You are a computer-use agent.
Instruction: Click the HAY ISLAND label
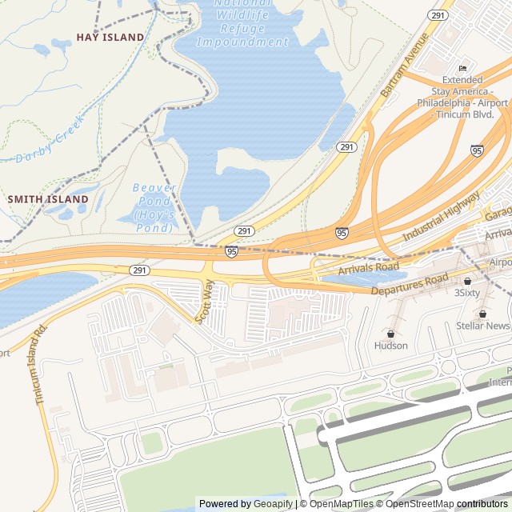click(x=110, y=38)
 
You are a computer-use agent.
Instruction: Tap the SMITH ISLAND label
click(x=48, y=198)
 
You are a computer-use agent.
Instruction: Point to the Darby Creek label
click(x=50, y=141)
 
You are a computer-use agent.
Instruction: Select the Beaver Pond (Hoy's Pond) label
click(x=154, y=208)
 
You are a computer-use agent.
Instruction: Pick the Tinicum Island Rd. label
click(x=42, y=363)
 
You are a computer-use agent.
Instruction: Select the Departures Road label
click(x=410, y=284)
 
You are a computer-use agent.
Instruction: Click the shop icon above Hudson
click(x=390, y=334)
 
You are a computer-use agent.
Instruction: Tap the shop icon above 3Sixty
click(x=467, y=281)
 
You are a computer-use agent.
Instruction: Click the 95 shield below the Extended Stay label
click(x=477, y=150)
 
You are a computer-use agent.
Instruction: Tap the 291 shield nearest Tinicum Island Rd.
click(x=139, y=270)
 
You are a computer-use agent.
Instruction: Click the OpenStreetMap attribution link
click(x=419, y=504)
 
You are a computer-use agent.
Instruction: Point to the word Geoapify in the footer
click(x=274, y=504)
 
